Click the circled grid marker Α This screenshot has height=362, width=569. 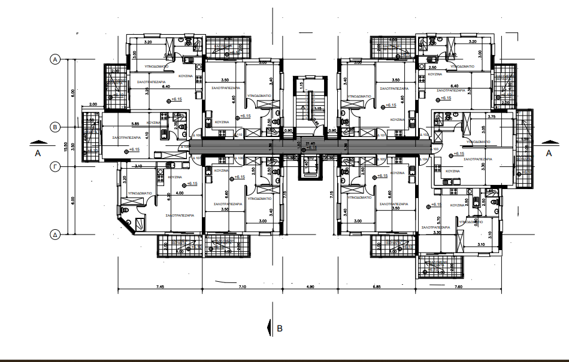tap(55, 59)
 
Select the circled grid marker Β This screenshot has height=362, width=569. tap(55, 127)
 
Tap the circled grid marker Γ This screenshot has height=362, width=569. tap(55, 168)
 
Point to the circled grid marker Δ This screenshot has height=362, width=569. tap(55, 235)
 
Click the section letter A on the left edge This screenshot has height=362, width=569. tap(37, 153)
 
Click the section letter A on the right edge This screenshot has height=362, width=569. tap(548, 153)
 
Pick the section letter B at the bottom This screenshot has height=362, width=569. tap(279, 328)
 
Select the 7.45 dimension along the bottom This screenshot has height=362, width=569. tap(160, 288)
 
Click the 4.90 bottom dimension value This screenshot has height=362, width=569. tap(310, 288)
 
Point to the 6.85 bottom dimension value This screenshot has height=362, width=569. tap(377, 288)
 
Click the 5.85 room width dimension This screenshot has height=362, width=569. tap(136, 124)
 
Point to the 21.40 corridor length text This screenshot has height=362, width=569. tap(310, 144)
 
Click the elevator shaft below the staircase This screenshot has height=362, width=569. tap(310, 168)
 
